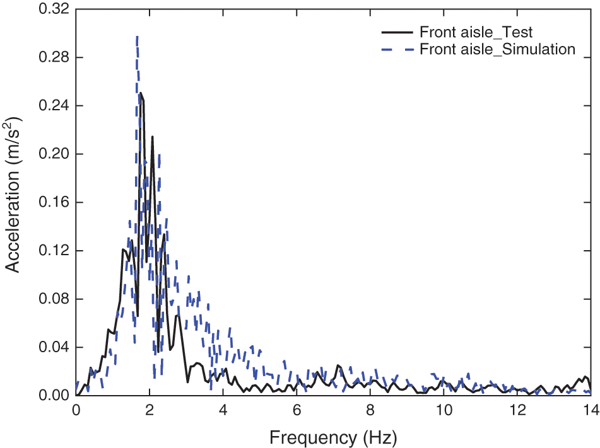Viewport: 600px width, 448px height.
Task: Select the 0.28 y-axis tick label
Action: [55, 57]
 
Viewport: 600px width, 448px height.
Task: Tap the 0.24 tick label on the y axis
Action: [55, 106]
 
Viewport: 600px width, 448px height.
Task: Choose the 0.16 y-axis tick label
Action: [55, 202]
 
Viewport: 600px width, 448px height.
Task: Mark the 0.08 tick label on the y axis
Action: [55, 299]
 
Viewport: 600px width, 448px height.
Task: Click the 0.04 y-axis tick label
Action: [55, 347]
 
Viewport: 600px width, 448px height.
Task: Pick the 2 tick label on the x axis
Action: [150, 408]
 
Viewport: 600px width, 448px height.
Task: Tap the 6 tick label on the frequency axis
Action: [297, 408]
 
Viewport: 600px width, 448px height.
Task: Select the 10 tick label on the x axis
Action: [444, 408]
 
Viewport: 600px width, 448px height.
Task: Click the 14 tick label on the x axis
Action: [591, 408]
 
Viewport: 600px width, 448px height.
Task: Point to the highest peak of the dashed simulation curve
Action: [137, 37]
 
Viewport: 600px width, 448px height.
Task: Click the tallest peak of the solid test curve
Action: [141, 93]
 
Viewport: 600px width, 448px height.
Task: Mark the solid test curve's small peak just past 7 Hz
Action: [338, 365]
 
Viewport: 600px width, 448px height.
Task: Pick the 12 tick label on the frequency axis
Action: [517, 408]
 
